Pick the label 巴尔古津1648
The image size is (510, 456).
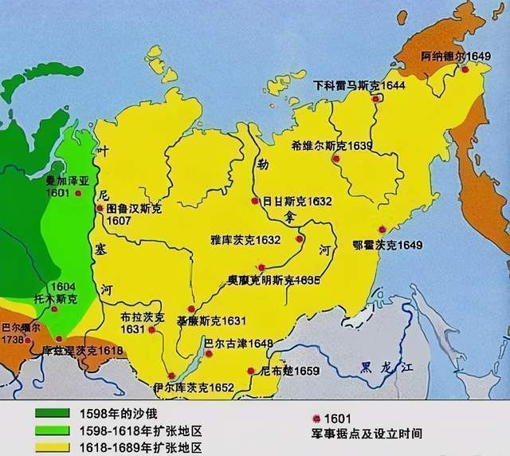pyautogui.click(x=238, y=344)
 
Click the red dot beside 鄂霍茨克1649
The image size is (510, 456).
pyautogui.click(x=382, y=229)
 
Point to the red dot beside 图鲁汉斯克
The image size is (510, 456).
pyautogui.click(x=100, y=208)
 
